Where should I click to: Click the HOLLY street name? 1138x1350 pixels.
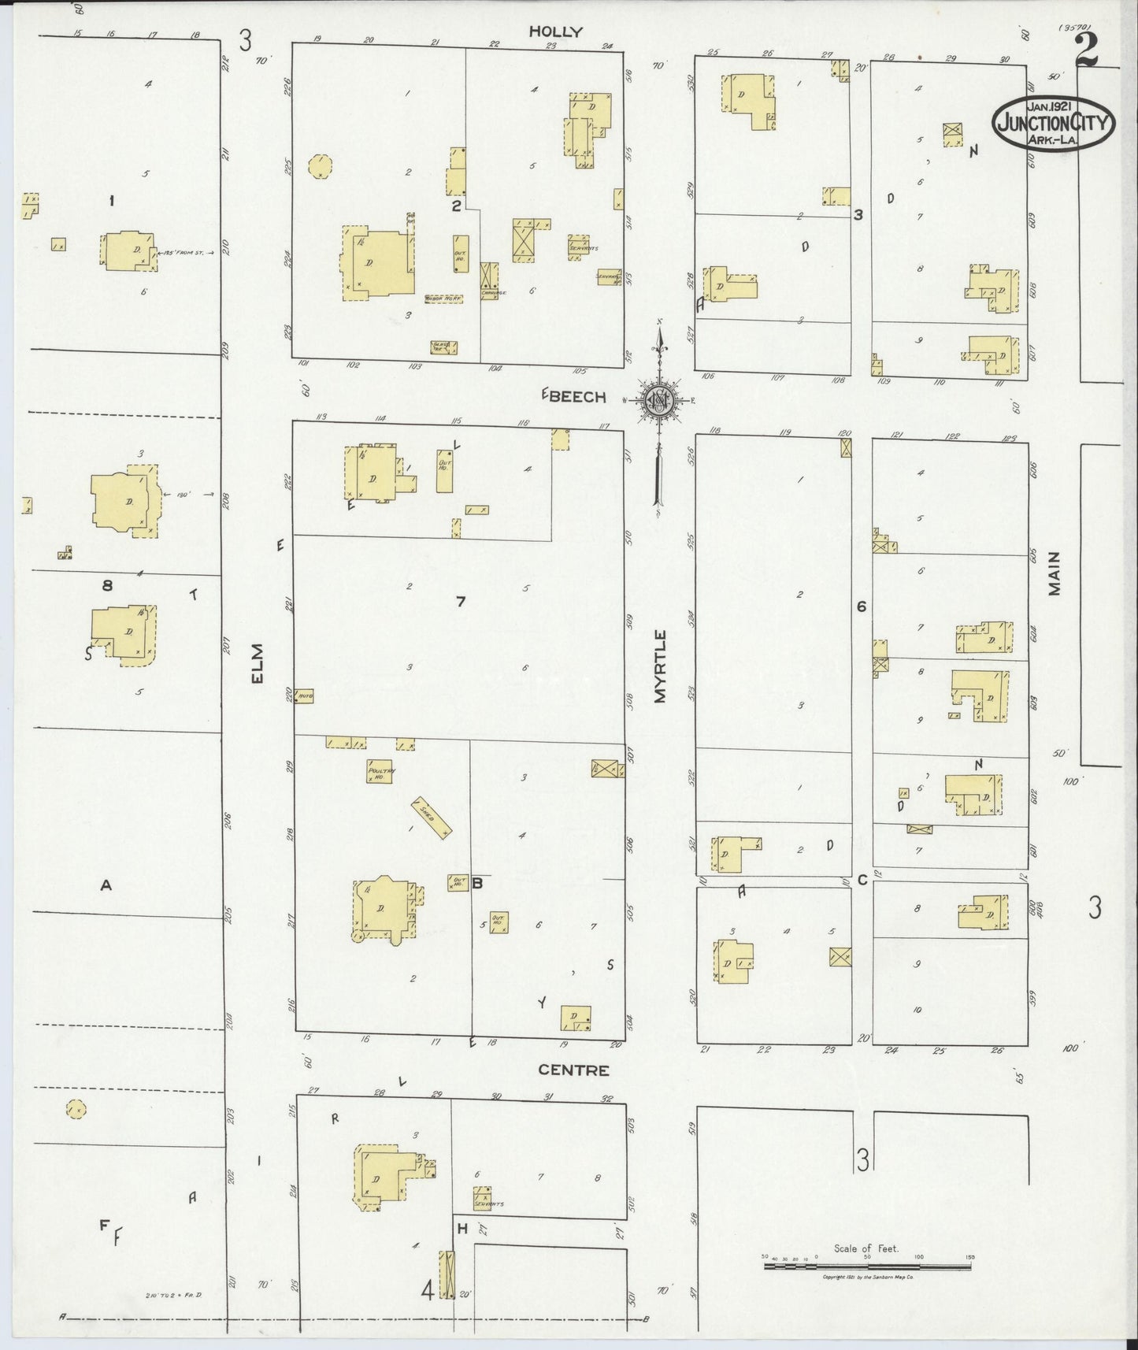555,32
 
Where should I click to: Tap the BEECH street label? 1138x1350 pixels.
576,397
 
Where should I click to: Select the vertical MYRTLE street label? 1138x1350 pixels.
660,666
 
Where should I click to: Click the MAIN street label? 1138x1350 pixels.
1055,573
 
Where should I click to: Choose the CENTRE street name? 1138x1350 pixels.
573,1070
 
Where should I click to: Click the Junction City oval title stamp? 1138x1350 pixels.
1053,123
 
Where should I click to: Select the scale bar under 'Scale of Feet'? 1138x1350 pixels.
866,1267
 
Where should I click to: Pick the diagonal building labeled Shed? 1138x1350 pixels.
432,816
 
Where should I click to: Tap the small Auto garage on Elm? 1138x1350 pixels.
305,696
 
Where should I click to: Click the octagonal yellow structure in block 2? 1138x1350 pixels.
321,167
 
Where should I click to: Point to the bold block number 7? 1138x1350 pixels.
461,603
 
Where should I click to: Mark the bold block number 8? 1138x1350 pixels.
108,585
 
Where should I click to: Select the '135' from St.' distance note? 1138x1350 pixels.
184,253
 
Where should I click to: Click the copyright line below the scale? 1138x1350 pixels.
866,1277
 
